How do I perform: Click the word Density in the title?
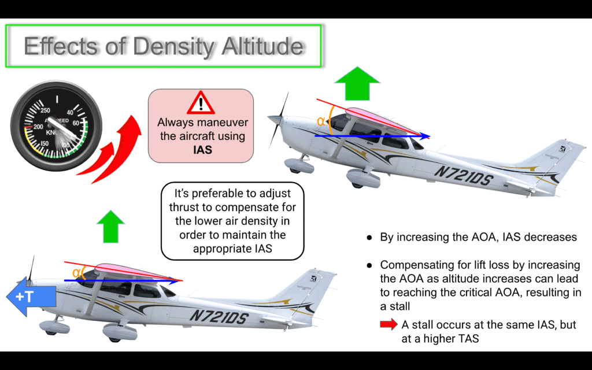click(x=175, y=47)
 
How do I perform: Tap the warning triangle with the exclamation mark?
click(x=201, y=103)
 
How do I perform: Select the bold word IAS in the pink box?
click(x=202, y=150)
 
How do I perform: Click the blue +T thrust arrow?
click(x=31, y=297)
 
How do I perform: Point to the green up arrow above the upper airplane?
click(x=357, y=83)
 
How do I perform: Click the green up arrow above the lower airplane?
click(x=110, y=226)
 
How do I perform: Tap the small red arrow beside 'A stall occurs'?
click(x=388, y=324)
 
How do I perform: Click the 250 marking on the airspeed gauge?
click(x=45, y=110)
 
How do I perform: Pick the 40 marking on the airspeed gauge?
click(x=70, y=113)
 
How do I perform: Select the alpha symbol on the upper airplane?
click(x=320, y=121)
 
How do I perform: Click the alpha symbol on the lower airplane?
click(x=76, y=273)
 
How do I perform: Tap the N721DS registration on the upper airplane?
click(x=464, y=176)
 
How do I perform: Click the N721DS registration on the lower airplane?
click(x=219, y=316)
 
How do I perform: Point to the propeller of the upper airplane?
click(x=279, y=120)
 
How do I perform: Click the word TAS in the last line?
click(x=468, y=339)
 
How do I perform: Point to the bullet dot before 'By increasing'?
click(x=369, y=238)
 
